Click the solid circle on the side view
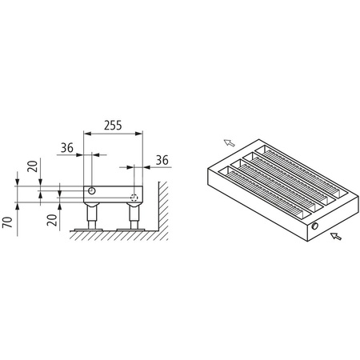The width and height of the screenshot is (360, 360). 94,192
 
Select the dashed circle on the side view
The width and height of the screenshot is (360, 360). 135,194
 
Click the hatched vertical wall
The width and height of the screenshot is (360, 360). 161,208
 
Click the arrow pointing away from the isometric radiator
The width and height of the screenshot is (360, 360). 229,142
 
